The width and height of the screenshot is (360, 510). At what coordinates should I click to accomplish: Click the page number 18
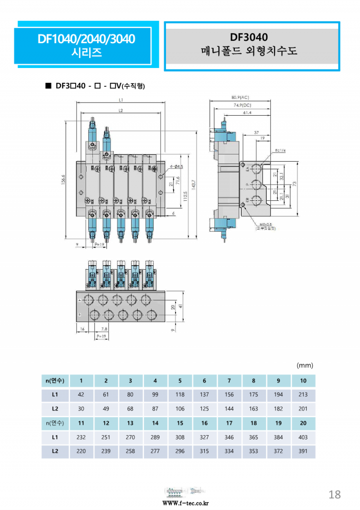pos(334,494)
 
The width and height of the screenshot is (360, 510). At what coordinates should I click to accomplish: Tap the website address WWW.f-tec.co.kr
pos(186,503)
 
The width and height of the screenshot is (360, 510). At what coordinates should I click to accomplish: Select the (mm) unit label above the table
pos(305,365)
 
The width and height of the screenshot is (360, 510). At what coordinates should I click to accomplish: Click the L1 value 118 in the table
pos(180,394)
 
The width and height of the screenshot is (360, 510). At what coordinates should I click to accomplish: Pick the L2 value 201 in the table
pos(303,409)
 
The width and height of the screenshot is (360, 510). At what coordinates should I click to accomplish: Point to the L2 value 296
pos(180,451)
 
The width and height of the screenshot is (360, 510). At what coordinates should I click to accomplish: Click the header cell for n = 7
pos(229,380)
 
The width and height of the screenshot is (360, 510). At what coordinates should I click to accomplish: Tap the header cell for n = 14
pos(155,423)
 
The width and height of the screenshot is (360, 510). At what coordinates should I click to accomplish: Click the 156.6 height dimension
pos(63,180)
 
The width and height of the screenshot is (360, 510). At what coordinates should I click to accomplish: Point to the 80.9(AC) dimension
pos(240,97)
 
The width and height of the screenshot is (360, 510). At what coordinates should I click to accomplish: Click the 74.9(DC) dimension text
pos(242,104)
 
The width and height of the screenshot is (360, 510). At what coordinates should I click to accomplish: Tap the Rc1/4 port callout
pos(281,150)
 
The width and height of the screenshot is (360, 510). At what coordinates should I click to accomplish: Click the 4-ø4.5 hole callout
pos(176,167)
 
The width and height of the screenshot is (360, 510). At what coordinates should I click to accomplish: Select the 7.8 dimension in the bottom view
pos(104,329)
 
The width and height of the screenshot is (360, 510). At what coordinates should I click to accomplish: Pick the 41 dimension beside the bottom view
pos(180,306)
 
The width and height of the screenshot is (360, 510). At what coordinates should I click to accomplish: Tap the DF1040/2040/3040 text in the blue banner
pos(86,39)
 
